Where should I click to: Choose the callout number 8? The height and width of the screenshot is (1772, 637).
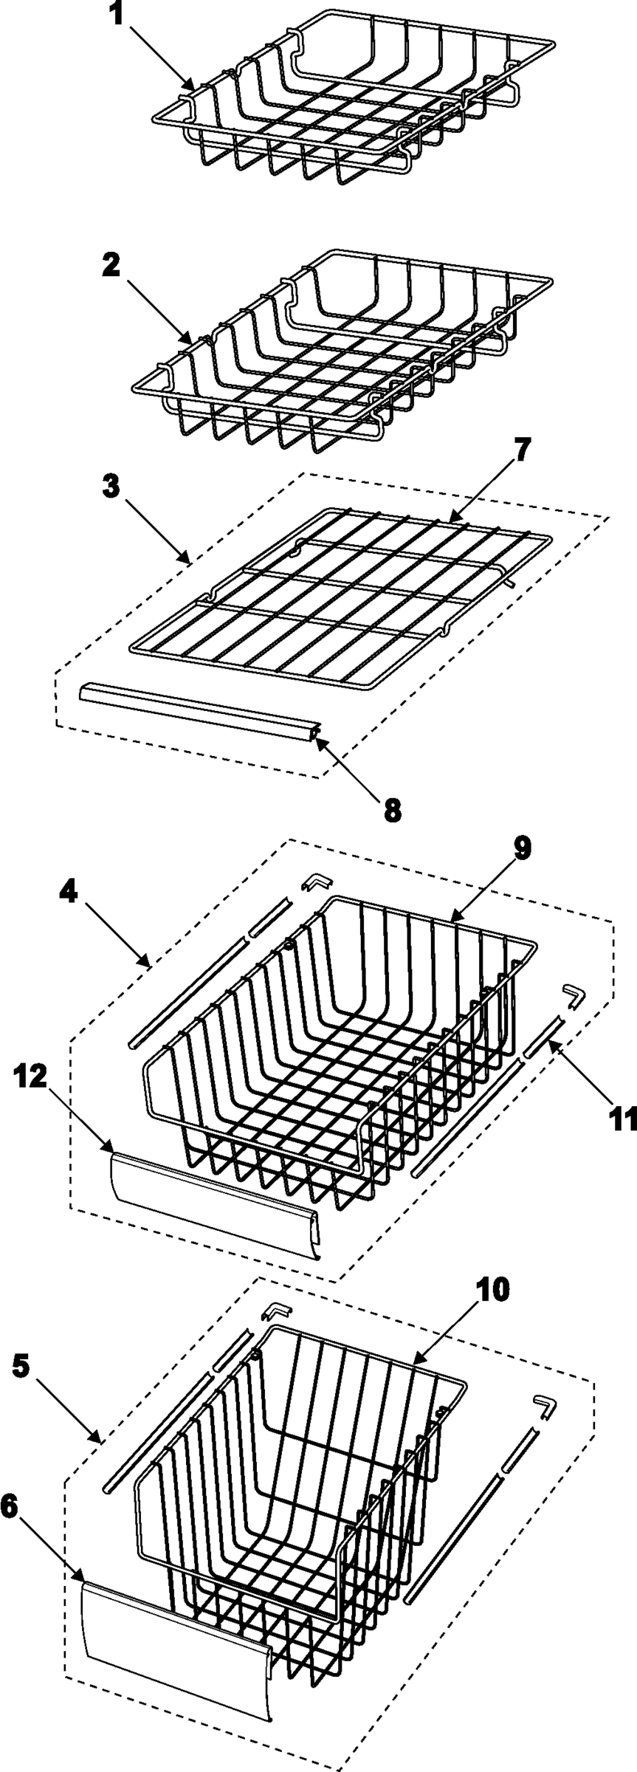tap(392, 809)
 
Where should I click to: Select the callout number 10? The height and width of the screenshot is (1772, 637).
tap(492, 1290)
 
